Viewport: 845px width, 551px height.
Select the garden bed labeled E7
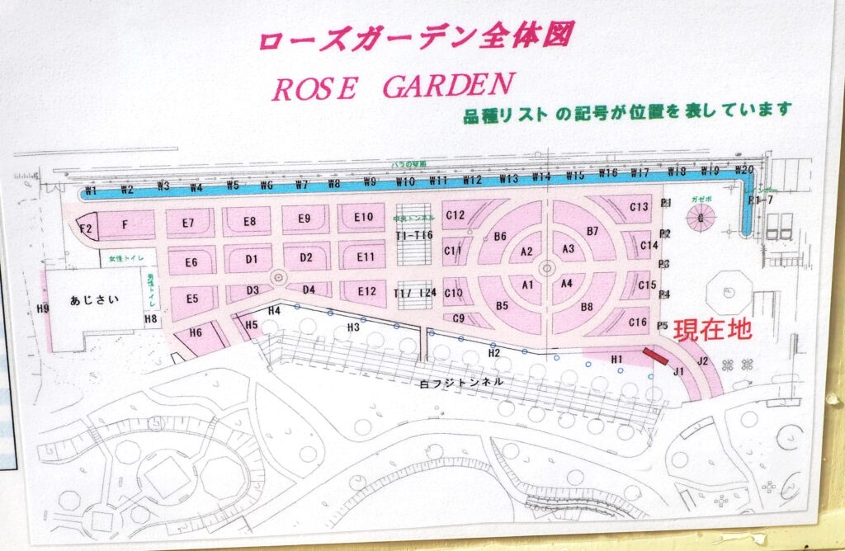pos(188,223)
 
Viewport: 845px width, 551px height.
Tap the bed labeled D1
pos(252,259)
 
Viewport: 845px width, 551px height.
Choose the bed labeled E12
pos(366,291)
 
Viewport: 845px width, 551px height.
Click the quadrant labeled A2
pos(527,251)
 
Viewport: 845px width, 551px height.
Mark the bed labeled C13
pos(639,207)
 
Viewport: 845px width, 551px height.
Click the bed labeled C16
pos(638,323)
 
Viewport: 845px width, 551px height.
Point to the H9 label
pos(43,308)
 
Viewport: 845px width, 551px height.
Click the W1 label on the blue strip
pos(91,191)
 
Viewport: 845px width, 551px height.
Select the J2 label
pos(702,360)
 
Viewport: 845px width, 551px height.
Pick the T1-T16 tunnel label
pos(413,235)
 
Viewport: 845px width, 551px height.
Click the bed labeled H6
pos(196,332)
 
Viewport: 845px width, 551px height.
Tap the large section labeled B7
pos(592,231)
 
